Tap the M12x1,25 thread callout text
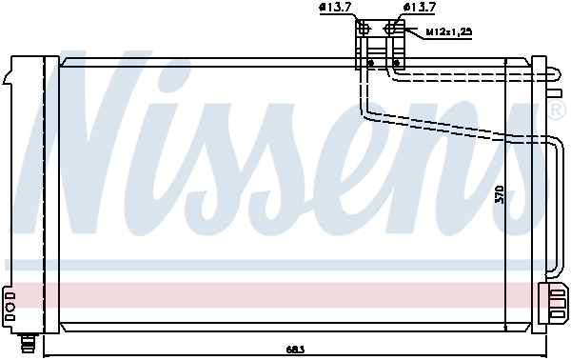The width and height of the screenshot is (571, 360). click(448, 31)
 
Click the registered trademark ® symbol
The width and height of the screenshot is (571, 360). click(558, 110)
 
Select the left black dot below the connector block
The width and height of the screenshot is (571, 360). click(370, 65)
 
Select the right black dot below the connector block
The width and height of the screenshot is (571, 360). click(395, 65)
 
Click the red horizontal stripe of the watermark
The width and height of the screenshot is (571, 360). click(285, 294)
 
